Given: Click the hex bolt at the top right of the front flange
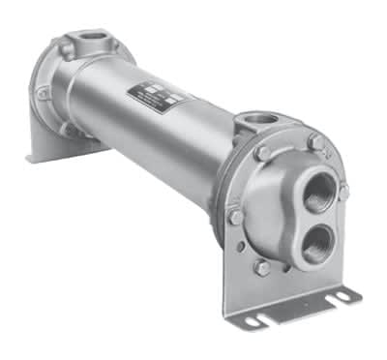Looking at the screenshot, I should pos(315,142).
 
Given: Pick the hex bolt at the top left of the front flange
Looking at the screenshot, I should pos(262,153).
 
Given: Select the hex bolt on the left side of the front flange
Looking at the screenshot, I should pos(235,217).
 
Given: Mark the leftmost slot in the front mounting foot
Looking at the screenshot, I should pos(253,318).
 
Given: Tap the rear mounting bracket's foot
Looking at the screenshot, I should pos(58,145).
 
